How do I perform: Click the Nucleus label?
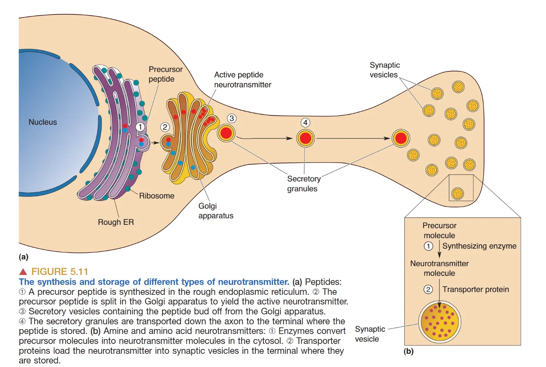[x=43, y=122]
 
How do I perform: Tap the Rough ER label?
[x=116, y=222]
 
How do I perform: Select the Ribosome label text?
[x=157, y=196]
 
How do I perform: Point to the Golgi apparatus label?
[x=216, y=211]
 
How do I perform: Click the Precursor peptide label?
[x=165, y=74]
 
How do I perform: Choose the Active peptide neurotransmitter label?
[x=242, y=80]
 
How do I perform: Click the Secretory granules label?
[x=304, y=184]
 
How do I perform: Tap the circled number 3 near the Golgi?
[x=232, y=118]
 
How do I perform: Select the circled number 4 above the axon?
[x=305, y=122]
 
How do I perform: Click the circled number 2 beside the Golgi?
[x=165, y=127]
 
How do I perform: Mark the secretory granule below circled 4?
[x=305, y=138]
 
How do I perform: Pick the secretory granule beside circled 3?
[x=226, y=133]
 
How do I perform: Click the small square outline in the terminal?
[x=461, y=188]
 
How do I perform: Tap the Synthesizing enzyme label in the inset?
[x=479, y=246]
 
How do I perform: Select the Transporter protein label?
[x=475, y=290]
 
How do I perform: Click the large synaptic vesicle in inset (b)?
[x=440, y=322]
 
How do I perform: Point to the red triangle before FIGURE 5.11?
[x=23, y=272]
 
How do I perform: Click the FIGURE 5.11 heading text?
[x=60, y=272]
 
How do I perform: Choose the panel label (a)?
[x=23, y=257]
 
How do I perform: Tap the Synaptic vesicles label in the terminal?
[x=384, y=70]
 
